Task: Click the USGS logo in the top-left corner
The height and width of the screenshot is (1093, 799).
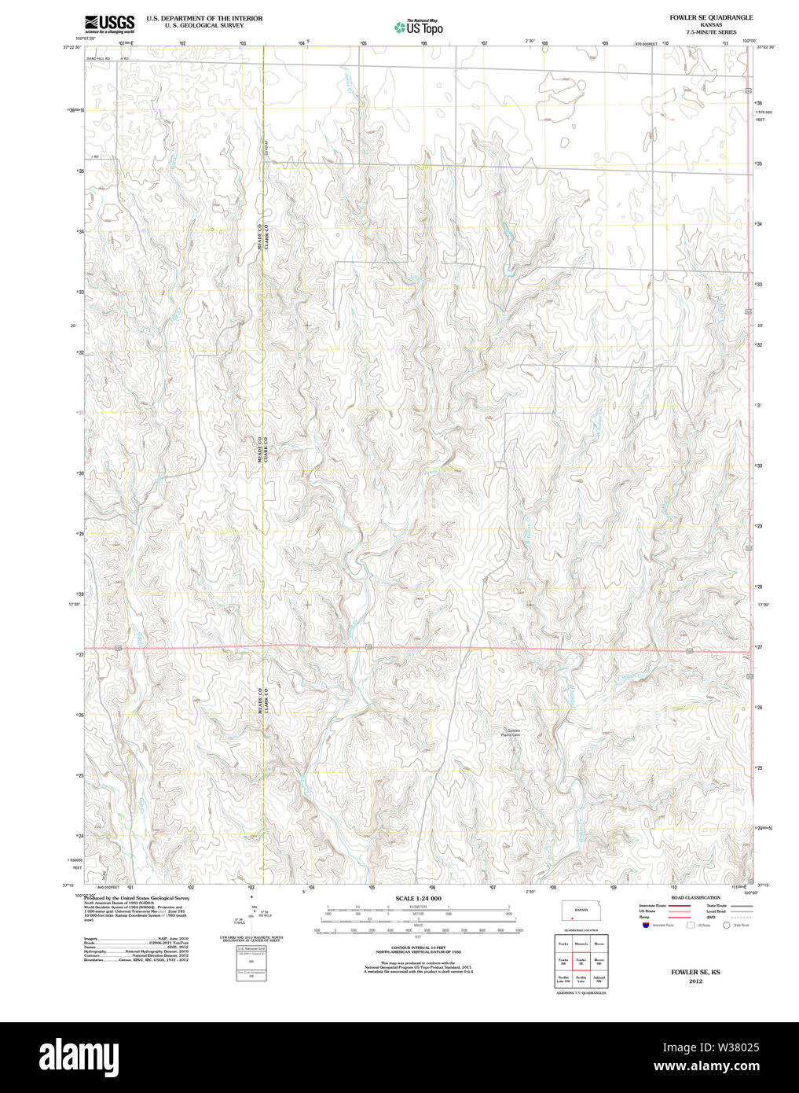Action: click(x=109, y=23)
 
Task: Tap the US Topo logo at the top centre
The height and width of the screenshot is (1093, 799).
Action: click(x=418, y=27)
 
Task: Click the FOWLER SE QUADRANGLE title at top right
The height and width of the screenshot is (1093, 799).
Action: click(x=711, y=17)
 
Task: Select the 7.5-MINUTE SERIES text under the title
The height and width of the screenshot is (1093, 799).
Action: click(x=711, y=32)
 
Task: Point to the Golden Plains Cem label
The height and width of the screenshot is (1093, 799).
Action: click(x=513, y=733)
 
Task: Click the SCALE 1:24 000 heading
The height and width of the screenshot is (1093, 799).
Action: click(x=418, y=898)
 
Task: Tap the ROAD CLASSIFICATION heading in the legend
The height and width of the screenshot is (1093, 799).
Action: click(x=695, y=897)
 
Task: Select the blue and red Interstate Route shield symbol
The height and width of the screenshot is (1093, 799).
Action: click(x=645, y=926)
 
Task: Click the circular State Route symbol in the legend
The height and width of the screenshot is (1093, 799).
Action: click(x=727, y=926)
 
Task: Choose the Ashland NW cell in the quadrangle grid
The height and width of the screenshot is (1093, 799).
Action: click(x=599, y=979)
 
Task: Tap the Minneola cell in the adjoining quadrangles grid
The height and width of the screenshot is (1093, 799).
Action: click(x=581, y=943)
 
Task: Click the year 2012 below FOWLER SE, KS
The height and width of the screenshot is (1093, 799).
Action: click(x=695, y=981)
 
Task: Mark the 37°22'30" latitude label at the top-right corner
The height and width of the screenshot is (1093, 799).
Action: click(x=767, y=47)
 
